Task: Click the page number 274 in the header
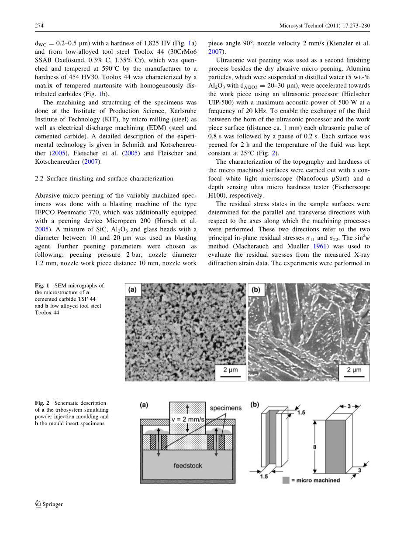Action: pyautogui.click(x=39, y=26)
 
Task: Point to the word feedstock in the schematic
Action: pyautogui.click(x=188, y=465)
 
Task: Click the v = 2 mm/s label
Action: pyautogui.click(x=186, y=420)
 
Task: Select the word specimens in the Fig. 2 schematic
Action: pyautogui.click(x=225, y=408)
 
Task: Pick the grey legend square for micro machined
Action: pyautogui.click(x=286, y=480)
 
